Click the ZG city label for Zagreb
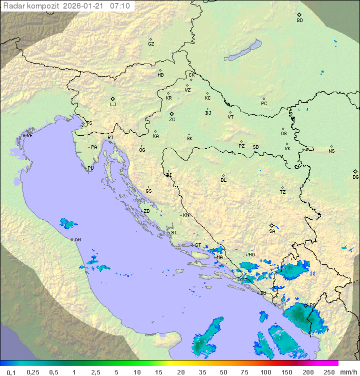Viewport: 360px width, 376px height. (x=172, y=120)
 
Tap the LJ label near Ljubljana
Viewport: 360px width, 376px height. (x=113, y=105)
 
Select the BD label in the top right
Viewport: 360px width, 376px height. (x=299, y=21)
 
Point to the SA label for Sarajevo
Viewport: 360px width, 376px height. (x=272, y=231)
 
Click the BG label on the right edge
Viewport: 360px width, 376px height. (x=355, y=177)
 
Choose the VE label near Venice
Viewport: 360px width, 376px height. (x=29, y=136)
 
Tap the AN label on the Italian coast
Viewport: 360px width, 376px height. (x=77, y=240)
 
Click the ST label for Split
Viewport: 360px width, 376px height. (x=198, y=245)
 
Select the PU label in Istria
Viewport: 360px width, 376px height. (x=90, y=168)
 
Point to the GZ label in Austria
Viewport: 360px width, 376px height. (x=151, y=44)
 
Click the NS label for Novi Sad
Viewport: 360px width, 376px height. (x=331, y=151)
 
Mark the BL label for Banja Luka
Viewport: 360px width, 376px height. (x=223, y=180)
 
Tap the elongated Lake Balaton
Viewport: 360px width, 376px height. (x=243, y=51)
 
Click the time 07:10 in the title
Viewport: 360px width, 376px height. (x=120, y=6)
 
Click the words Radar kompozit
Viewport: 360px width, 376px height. (x=32, y=6)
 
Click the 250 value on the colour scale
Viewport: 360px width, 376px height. (x=329, y=372)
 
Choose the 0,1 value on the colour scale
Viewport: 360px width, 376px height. (x=11, y=372)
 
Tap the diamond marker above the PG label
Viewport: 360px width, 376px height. (x=305, y=305)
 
